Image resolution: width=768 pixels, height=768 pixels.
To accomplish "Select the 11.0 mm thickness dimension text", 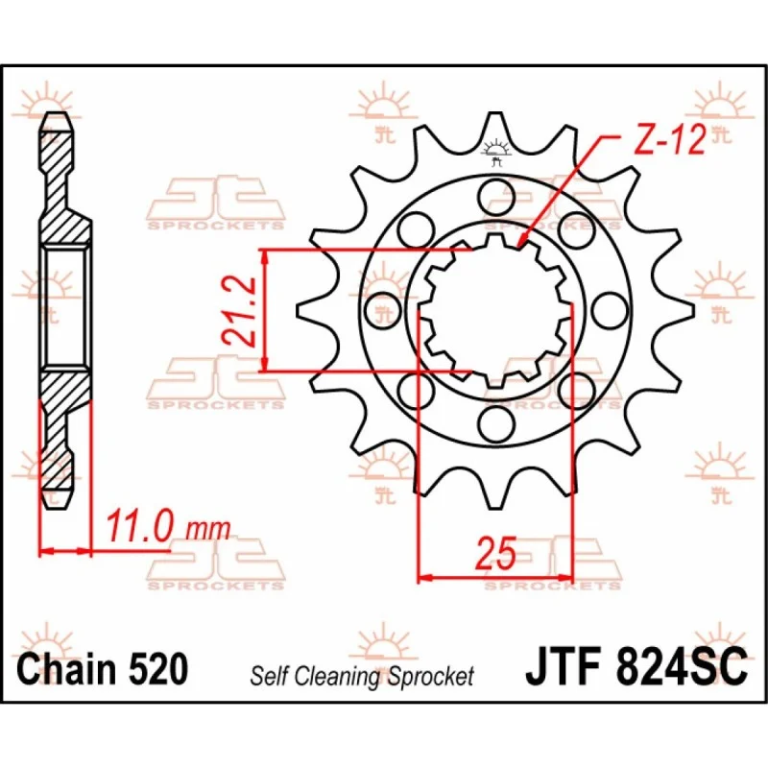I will click(x=169, y=527).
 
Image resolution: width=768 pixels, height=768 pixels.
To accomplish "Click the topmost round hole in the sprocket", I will click(x=495, y=188).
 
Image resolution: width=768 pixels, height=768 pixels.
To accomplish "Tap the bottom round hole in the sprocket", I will click(x=495, y=422).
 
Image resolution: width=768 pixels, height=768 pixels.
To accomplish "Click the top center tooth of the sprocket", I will click(x=495, y=130).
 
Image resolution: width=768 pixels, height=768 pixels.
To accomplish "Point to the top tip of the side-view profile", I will click(x=58, y=115).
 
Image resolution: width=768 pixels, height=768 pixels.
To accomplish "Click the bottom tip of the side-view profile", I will click(x=58, y=506).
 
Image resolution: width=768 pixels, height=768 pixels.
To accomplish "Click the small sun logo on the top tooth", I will click(x=495, y=147).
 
